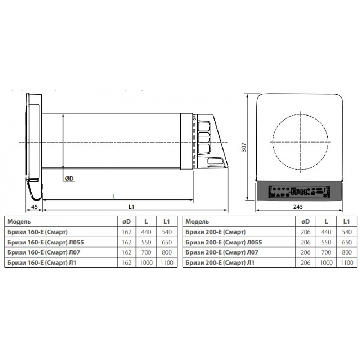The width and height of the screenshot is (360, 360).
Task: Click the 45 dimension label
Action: [x=34, y=207]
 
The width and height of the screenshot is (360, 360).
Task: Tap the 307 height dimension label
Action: [x=244, y=147]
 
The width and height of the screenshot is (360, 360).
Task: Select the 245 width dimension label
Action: [x=298, y=207]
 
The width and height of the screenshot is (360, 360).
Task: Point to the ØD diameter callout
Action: [x=69, y=179]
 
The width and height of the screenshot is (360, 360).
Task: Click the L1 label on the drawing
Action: [x=131, y=207]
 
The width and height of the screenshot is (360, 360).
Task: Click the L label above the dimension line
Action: [x=114, y=196]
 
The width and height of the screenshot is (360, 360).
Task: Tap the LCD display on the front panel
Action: [x=299, y=192]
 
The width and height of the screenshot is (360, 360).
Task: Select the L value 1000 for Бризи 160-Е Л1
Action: [x=146, y=262]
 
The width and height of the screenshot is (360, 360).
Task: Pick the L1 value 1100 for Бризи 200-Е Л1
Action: [x=347, y=262]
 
